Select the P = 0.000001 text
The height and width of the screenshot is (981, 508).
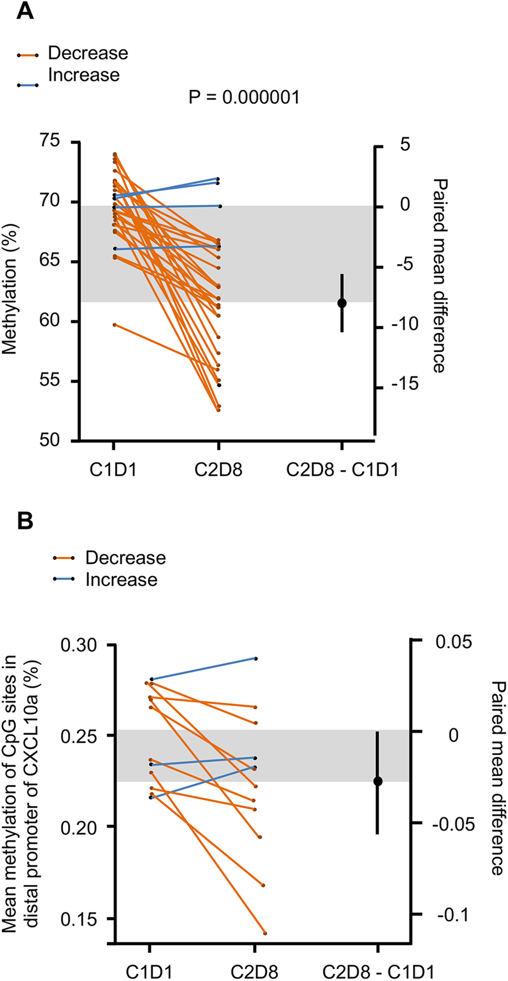pyautogui.click(x=244, y=97)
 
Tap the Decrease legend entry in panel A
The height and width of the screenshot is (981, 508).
pyautogui.click(x=88, y=53)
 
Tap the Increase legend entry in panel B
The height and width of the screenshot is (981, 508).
pyautogui.click(x=121, y=580)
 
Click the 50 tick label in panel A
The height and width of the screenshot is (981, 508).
pyautogui.click(x=49, y=440)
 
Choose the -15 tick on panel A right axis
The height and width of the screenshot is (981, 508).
pyautogui.click(x=405, y=384)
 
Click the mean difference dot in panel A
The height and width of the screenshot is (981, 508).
pyautogui.click(x=342, y=303)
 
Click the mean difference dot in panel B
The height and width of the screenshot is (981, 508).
pyautogui.click(x=377, y=781)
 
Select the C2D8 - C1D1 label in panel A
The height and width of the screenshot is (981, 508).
pyautogui.click(x=342, y=470)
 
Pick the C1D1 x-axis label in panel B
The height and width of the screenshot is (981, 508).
pyautogui.click(x=149, y=972)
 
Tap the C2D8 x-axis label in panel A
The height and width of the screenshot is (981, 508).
pyautogui.click(x=218, y=470)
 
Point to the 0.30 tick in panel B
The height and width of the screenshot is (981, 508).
pyautogui.click(x=78, y=646)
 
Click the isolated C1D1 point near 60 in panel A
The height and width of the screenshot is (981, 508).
pyautogui.click(x=115, y=325)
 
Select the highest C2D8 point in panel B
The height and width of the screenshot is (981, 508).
pyautogui.click(x=256, y=658)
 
